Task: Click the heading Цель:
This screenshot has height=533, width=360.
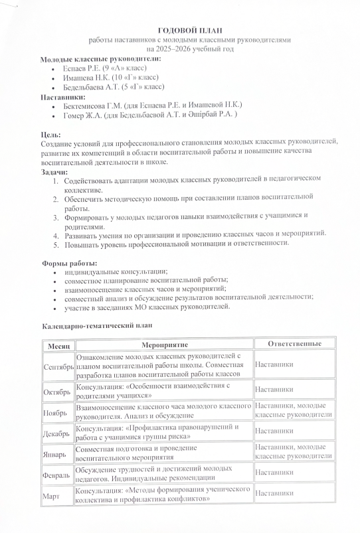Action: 52,135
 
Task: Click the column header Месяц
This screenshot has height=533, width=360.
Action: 58,345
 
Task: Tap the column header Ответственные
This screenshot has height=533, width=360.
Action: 294,344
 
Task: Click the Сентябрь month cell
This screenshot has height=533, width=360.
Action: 58,366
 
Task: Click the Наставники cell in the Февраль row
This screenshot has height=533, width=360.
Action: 274,472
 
